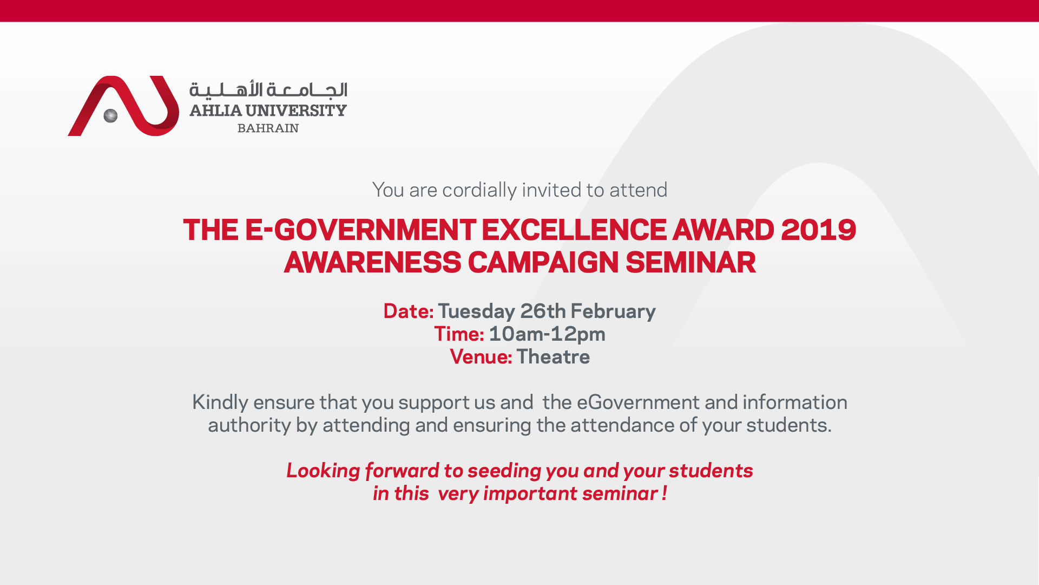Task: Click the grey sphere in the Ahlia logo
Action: tap(110, 115)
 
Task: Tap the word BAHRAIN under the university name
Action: tap(268, 128)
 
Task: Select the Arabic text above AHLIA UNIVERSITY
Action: tap(268, 89)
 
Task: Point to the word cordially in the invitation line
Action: tap(479, 190)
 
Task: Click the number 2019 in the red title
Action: tap(818, 230)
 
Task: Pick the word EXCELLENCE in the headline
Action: tap(574, 230)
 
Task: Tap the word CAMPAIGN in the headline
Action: tap(543, 263)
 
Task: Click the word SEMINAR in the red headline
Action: tap(691, 263)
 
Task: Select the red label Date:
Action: tap(408, 311)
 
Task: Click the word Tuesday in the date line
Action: tap(476, 311)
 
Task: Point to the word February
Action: tap(613, 311)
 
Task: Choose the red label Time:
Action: tap(459, 334)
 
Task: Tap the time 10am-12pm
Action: tap(547, 334)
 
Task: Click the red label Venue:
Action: tap(481, 357)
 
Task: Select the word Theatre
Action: tap(553, 357)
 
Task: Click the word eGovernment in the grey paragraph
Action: tap(638, 402)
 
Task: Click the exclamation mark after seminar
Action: tap(664, 493)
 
